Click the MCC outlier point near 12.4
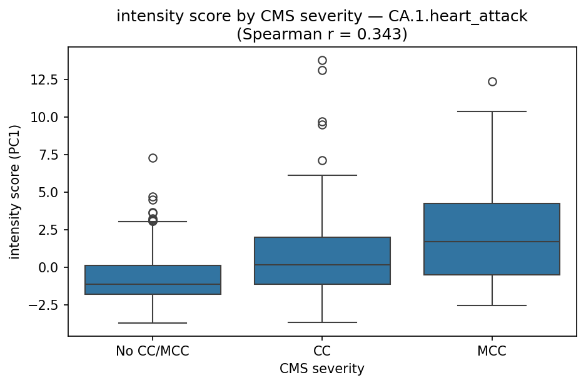(x=492, y=81)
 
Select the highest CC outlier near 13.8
(x=322, y=61)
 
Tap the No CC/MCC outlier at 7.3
(x=153, y=158)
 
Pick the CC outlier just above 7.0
(x=322, y=160)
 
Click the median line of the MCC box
(x=492, y=242)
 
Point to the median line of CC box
(x=322, y=265)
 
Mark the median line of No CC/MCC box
(x=153, y=284)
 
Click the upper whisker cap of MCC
(x=492, y=111)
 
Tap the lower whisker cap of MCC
(x=492, y=305)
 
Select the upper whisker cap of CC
(x=322, y=175)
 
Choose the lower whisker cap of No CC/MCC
(x=153, y=323)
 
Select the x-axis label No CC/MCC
(x=153, y=351)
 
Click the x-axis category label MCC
(x=492, y=351)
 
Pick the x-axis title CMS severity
(x=322, y=369)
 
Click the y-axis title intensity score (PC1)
(x=14, y=191)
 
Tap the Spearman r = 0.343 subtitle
(x=322, y=34)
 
